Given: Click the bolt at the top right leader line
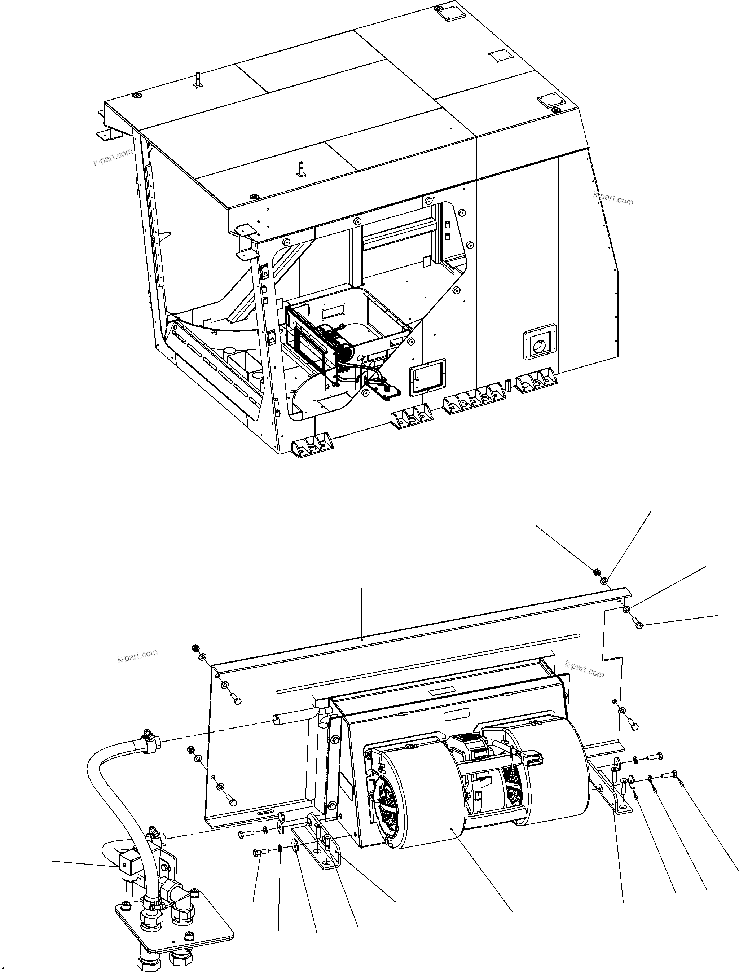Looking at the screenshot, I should point(639,625).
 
